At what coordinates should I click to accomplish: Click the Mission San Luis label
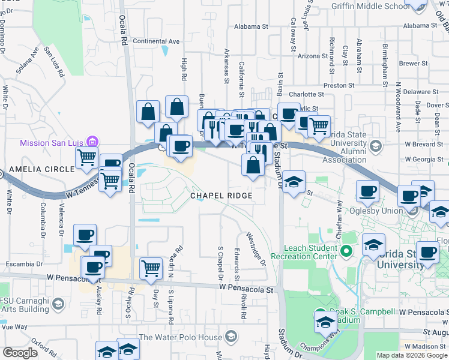coord(52,143)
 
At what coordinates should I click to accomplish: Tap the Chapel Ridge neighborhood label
coord(220,196)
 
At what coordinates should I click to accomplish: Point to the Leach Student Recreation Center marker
coord(345,251)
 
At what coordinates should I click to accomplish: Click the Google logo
coord(20,353)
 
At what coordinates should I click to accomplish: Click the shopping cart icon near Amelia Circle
coord(88,158)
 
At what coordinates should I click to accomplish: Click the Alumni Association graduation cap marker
coord(376,146)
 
